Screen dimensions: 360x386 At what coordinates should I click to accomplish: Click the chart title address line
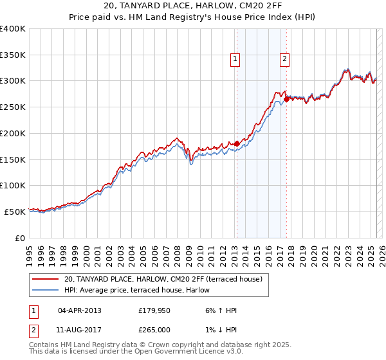point(192,6)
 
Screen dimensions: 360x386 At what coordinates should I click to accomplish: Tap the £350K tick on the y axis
point(13,55)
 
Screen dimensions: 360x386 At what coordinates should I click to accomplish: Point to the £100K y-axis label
point(13,185)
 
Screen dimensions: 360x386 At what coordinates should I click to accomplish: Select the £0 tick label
point(21,237)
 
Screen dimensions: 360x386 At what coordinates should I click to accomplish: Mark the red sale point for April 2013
point(237,143)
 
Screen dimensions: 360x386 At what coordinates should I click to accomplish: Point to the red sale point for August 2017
point(286,100)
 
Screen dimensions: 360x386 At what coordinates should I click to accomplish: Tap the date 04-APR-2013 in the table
point(80,311)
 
